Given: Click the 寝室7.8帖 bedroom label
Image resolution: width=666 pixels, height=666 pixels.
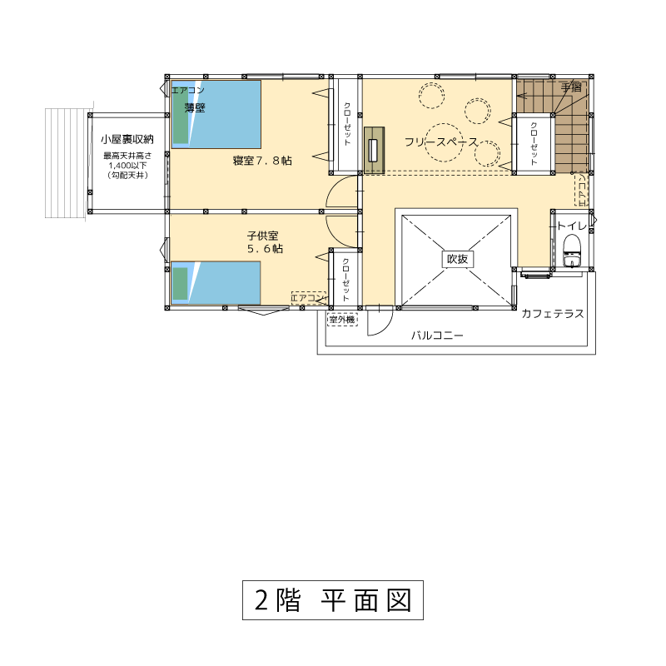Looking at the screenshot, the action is [x=262, y=161].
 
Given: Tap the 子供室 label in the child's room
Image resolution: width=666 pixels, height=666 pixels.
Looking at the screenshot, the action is [x=262, y=236].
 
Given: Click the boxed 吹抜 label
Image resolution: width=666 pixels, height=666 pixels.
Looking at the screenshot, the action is [x=457, y=259].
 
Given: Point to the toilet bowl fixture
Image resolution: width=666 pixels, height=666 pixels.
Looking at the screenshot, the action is [x=571, y=251].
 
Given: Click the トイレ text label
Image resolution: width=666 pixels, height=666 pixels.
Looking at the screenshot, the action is [x=571, y=226].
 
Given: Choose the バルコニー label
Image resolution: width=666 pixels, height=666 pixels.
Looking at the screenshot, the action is [x=437, y=335].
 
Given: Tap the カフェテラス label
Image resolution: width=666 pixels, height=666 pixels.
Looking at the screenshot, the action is [x=552, y=314].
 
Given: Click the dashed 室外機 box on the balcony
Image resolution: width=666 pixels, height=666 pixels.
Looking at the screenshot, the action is [x=342, y=319].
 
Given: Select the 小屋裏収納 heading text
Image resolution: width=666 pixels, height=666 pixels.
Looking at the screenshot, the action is [x=127, y=139].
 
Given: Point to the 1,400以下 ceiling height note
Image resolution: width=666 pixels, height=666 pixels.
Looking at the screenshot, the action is [x=127, y=166].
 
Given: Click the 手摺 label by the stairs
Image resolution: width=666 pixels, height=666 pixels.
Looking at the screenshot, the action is [x=571, y=87].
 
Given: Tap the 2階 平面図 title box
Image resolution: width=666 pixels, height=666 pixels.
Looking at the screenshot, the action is [x=333, y=600].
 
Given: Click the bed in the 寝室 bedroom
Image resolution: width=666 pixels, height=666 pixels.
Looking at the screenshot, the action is [x=216, y=114].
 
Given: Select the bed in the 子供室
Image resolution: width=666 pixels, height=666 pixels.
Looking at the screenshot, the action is [x=216, y=283].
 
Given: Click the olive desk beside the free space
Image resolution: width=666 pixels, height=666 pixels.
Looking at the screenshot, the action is [x=374, y=150].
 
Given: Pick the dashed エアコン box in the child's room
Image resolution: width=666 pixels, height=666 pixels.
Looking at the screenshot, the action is [x=309, y=298].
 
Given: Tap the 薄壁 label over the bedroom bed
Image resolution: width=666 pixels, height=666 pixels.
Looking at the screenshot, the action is [x=195, y=108].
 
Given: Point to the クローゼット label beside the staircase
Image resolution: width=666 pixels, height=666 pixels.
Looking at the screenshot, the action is [x=534, y=143].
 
